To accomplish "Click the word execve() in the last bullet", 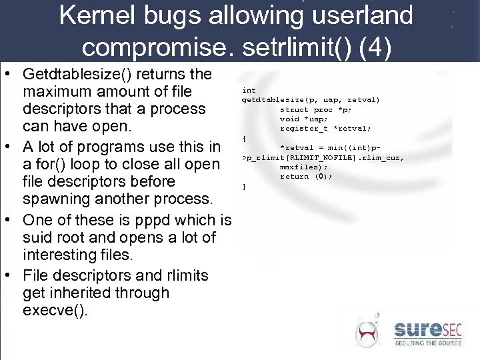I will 55,311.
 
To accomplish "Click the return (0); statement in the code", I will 305,177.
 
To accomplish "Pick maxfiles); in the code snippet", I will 303,167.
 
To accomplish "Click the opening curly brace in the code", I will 245,138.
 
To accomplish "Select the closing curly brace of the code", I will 245,187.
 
